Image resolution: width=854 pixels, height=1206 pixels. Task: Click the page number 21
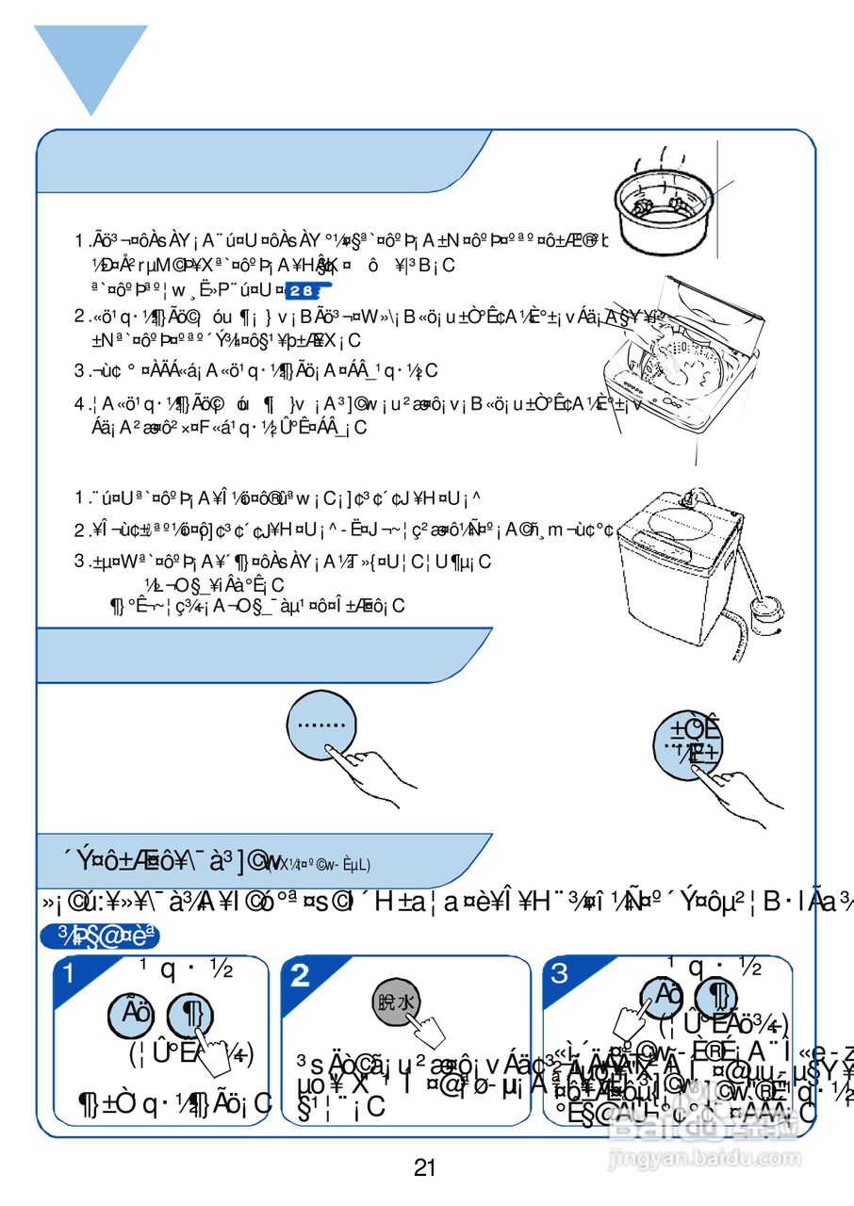coord(424,1168)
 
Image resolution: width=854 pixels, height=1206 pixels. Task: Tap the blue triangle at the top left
coord(90,61)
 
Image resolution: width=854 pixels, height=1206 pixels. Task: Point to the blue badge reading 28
coord(306,290)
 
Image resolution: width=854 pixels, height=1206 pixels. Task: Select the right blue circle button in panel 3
coord(715,997)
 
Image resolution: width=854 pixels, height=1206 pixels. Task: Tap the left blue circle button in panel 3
coord(662,997)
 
